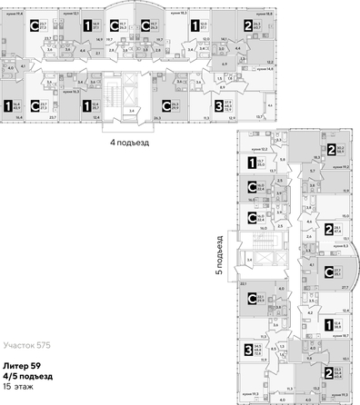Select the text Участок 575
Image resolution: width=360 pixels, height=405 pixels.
(27, 346)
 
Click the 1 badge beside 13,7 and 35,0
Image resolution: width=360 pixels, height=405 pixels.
(248, 163)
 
